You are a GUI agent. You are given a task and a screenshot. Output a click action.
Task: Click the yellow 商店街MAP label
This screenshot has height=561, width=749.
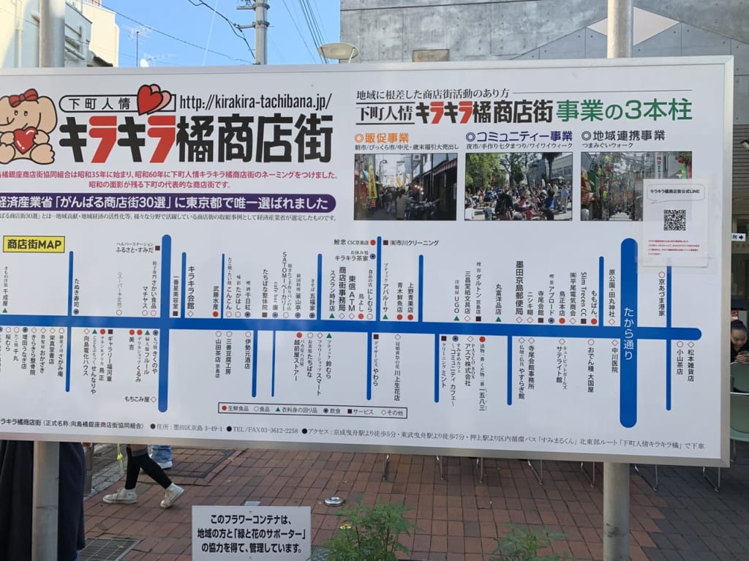(34, 244)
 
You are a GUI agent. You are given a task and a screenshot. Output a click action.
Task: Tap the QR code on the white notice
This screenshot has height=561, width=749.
(674, 219)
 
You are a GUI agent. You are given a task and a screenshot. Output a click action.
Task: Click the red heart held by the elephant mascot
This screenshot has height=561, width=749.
(25, 139)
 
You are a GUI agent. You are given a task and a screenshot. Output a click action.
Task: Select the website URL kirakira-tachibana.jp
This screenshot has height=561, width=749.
(255, 102)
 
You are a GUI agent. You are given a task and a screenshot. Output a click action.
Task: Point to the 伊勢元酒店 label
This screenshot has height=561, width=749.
(248, 353)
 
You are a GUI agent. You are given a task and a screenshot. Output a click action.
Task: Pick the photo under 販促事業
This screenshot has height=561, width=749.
(405, 186)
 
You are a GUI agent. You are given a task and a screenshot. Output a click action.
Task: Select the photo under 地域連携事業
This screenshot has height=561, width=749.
(636, 186)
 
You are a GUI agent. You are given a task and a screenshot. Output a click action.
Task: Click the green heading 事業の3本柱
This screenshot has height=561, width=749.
(623, 110)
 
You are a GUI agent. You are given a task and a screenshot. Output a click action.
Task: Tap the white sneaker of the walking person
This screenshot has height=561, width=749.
(172, 495)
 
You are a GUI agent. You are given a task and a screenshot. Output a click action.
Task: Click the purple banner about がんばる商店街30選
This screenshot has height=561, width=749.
(168, 203)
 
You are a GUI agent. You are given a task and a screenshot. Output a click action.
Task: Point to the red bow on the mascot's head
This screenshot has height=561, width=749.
(23, 97)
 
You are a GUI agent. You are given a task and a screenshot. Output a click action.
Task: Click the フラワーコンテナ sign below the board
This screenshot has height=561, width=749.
(251, 532)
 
